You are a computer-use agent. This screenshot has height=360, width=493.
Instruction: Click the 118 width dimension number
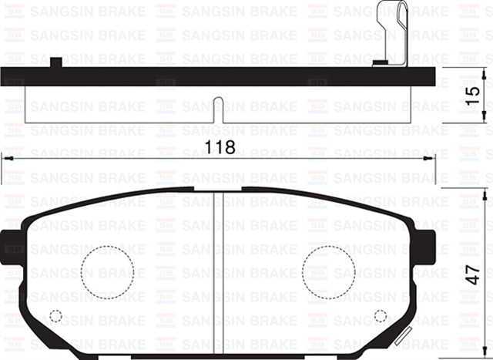point(220,146)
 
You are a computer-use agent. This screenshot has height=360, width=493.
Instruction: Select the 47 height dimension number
point(473,273)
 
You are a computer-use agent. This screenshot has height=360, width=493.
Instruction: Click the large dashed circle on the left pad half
point(107,272)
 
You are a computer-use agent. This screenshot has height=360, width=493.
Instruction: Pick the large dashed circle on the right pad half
point(329,272)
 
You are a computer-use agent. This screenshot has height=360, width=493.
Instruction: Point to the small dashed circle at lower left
point(55,315)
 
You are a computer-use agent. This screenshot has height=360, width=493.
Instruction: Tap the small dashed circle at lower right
point(380,315)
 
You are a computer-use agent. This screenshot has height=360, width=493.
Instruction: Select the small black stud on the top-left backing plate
point(55,62)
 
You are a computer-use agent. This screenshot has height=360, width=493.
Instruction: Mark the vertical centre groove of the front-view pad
point(218,270)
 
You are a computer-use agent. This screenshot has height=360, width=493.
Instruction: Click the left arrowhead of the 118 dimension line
point(6,157)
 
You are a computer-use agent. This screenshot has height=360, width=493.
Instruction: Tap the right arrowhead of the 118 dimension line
point(431,157)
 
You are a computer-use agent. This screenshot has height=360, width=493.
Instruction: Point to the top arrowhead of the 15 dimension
point(484,72)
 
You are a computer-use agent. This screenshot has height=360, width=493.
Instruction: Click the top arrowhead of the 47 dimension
point(484,192)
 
